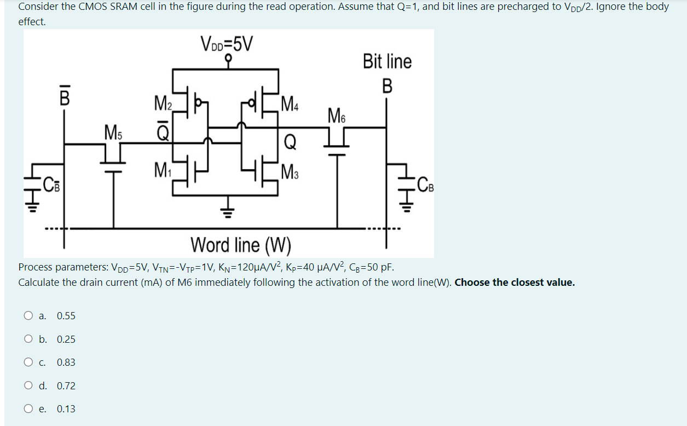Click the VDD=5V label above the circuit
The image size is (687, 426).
click(227, 43)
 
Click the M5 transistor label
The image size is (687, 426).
click(114, 132)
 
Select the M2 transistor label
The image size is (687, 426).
click(163, 102)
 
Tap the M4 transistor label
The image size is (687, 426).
click(290, 102)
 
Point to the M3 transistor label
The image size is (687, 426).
click(290, 170)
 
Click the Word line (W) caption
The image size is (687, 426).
click(241, 244)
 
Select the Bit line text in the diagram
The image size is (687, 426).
click(387, 61)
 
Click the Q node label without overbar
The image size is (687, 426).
click(290, 142)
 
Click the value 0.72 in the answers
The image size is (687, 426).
click(66, 386)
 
